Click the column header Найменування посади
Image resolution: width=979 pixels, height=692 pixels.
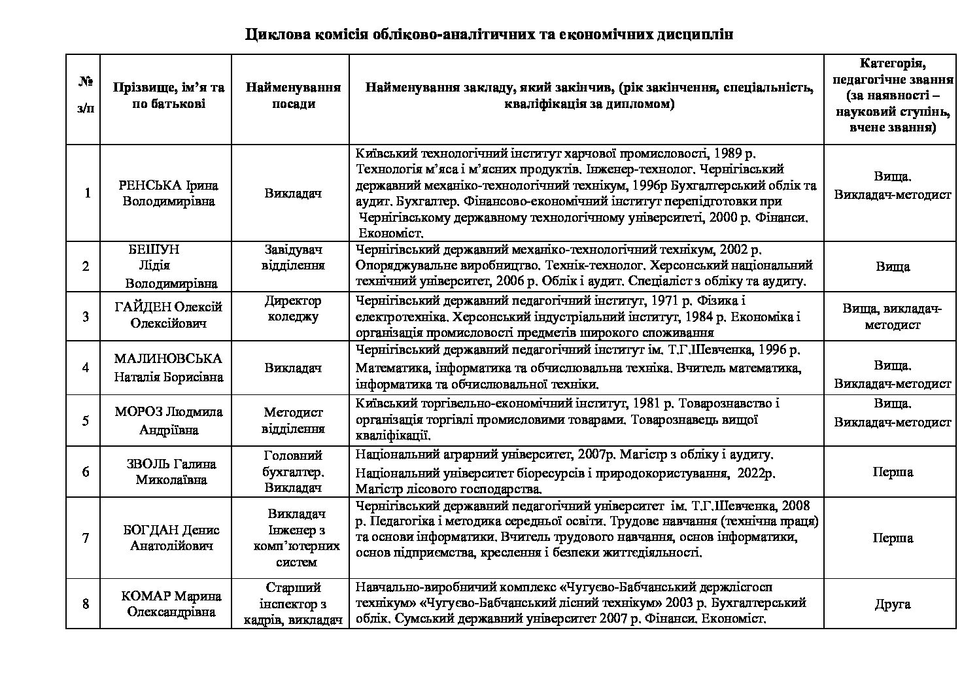coord(294,95)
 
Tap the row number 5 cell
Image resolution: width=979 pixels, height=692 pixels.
coord(86,420)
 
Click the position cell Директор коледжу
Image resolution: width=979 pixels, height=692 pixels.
coord(293,309)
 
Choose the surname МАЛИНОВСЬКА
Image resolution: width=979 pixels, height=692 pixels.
coord(168,358)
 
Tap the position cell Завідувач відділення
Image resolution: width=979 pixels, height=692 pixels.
coord(293,258)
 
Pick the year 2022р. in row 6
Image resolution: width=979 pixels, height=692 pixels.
coord(758,472)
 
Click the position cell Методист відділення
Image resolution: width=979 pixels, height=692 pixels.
coord(293,421)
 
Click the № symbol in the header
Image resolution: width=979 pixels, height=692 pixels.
coord(86,82)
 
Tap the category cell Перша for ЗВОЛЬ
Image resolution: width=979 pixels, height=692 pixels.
coord(892,472)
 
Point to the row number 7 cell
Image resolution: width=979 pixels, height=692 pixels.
coord(86,538)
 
